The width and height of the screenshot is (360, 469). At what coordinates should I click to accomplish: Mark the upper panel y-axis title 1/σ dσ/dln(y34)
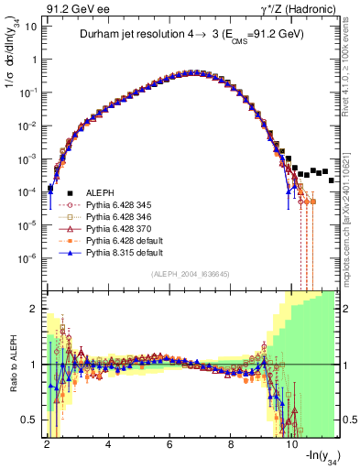point(12,64)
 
